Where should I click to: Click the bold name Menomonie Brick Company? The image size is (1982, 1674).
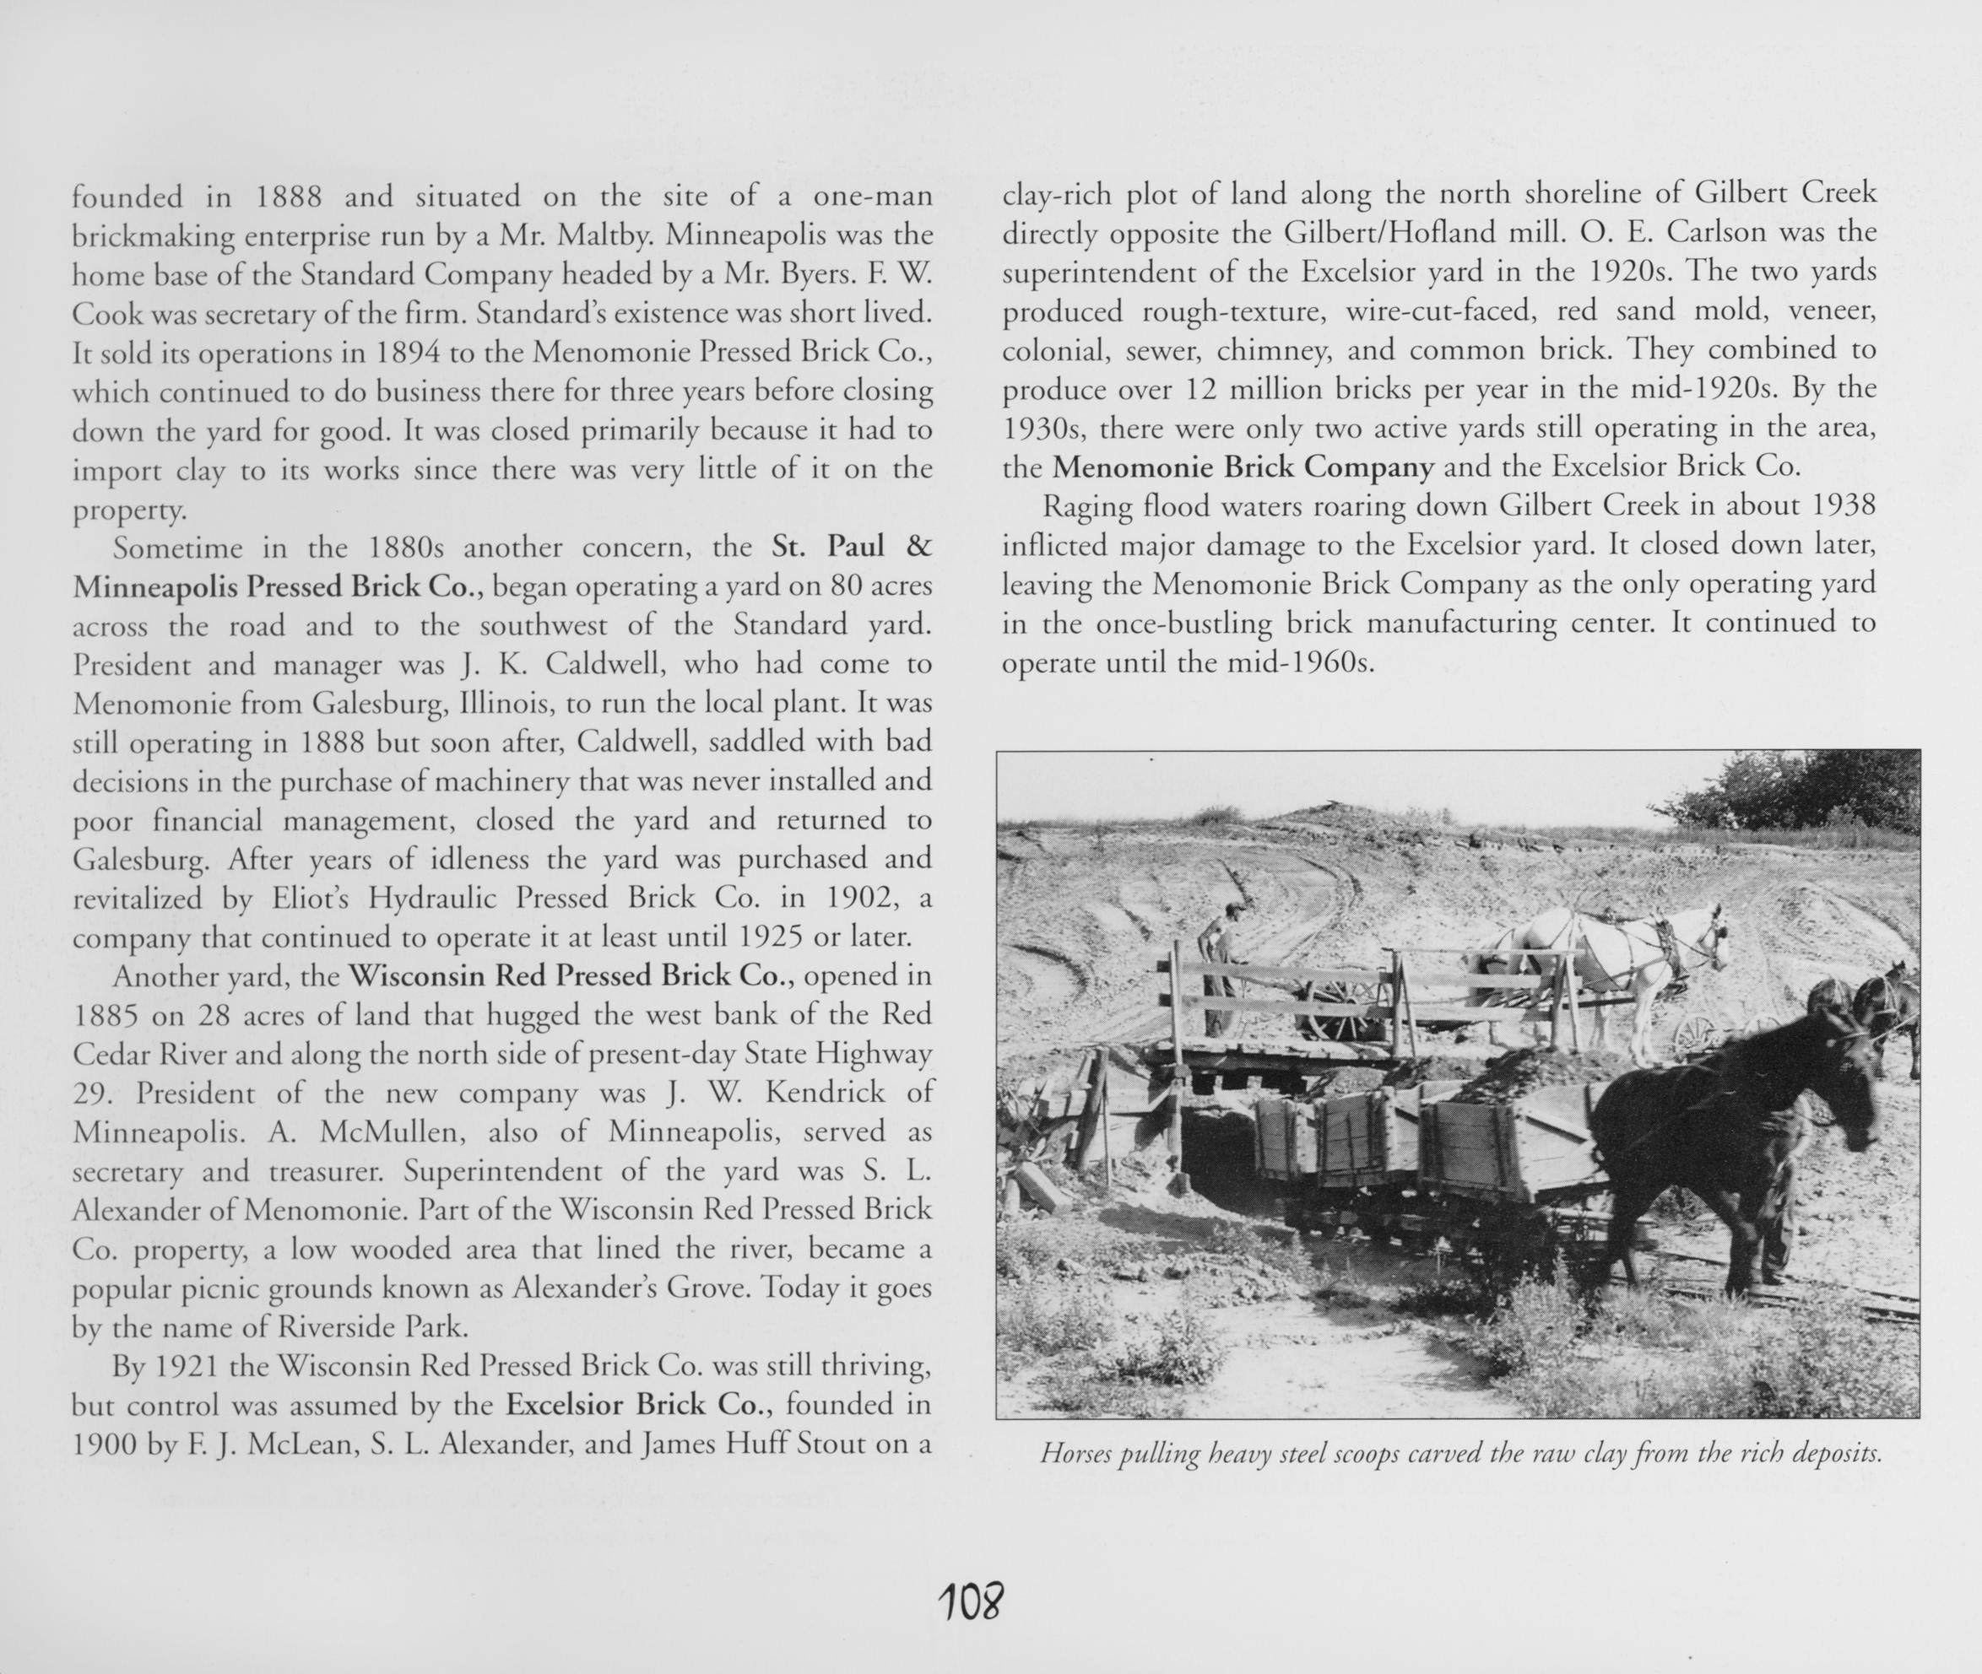1243,467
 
